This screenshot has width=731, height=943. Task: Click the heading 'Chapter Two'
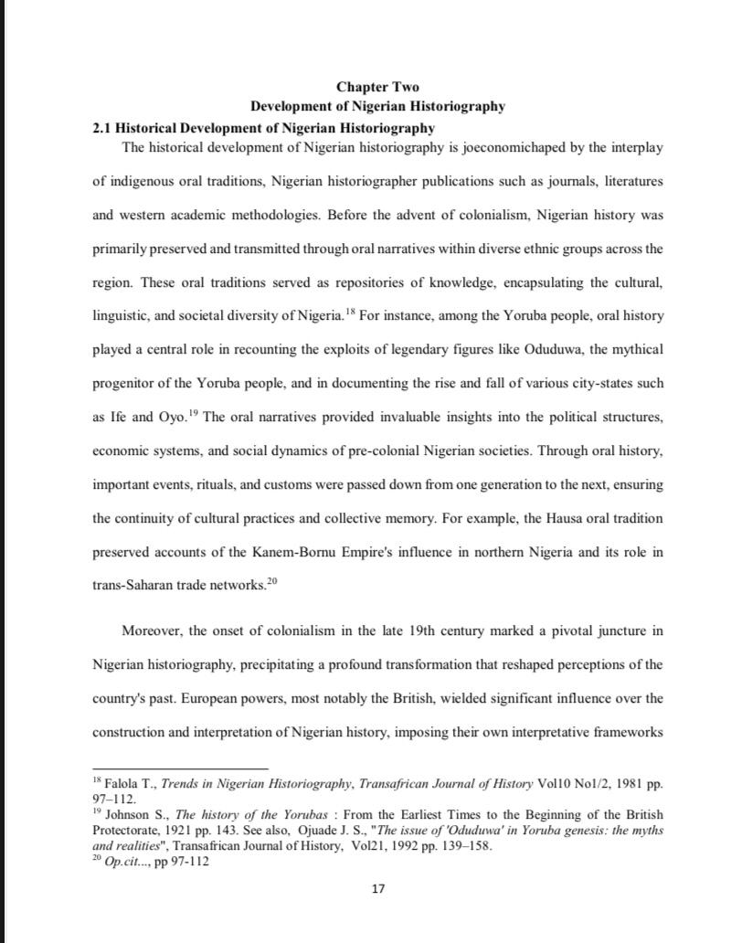[377, 87]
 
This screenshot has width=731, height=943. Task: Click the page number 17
[378, 889]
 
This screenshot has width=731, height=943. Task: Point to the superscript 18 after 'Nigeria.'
[351, 312]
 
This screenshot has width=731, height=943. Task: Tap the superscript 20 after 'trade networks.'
[270, 581]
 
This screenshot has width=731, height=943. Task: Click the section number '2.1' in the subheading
[102, 128]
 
